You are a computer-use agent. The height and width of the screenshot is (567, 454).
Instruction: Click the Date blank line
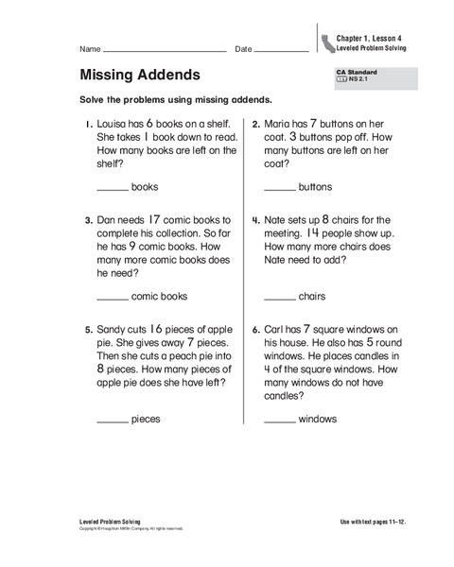[x=282, y=49]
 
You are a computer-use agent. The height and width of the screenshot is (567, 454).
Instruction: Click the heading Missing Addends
[x=139, y=75]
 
